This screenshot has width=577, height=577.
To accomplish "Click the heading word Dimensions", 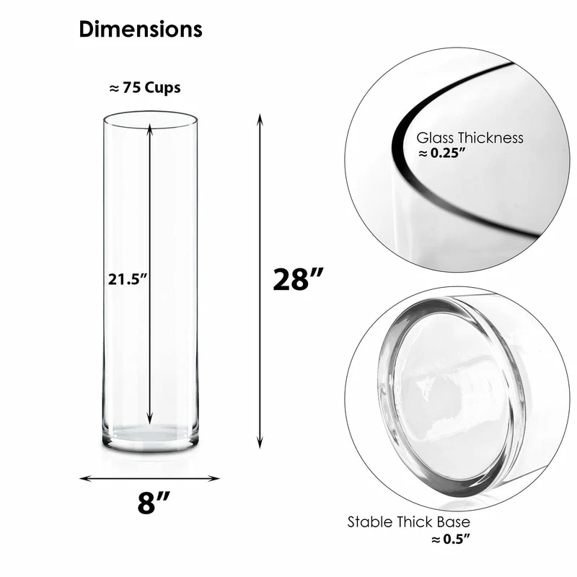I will point(141,30).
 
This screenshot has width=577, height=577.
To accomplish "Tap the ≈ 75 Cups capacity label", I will point(144,88).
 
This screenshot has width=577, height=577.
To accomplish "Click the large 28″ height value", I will point(298,279).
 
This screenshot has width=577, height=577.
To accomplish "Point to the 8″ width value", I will point(149,502).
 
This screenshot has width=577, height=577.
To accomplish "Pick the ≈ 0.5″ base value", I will point(446,537).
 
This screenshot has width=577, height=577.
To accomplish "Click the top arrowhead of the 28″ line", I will point(260,117).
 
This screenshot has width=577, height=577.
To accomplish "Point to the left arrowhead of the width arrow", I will point(84,477).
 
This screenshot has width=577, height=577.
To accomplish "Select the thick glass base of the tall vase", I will point(150,437).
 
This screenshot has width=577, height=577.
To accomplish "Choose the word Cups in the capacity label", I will point(159,88).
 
